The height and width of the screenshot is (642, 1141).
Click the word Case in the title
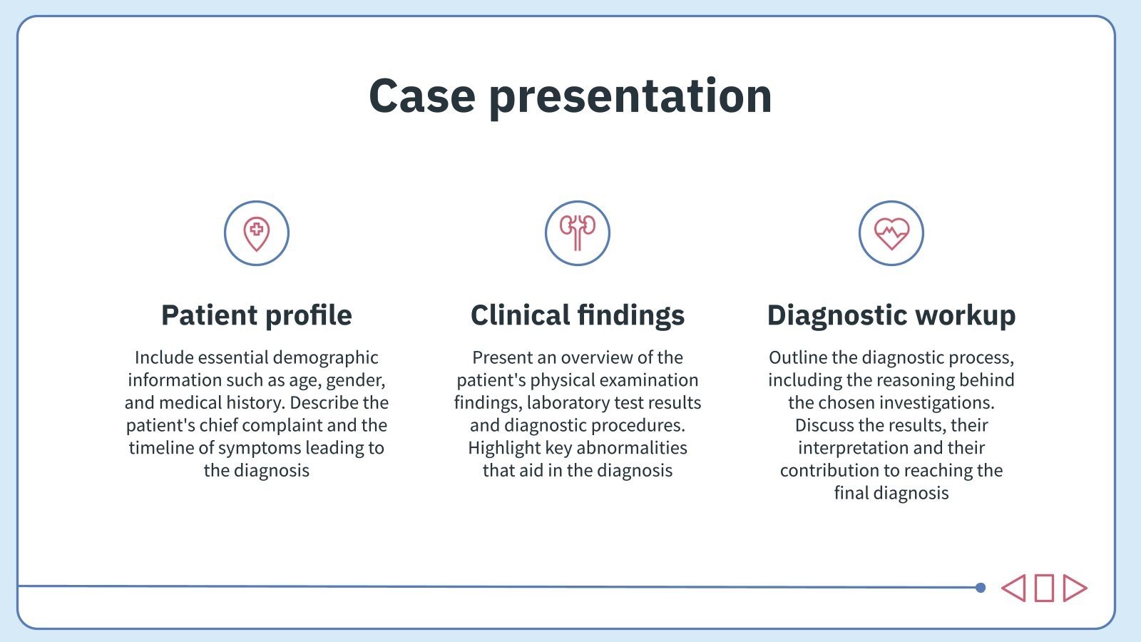[x=421, y=96]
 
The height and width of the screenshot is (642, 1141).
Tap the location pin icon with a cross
[x=257, y=233]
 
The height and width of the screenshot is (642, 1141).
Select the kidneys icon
[x=578, y=233]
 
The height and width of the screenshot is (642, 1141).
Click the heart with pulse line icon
[x=891, y=233]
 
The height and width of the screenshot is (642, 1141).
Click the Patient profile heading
[x=257, y=315]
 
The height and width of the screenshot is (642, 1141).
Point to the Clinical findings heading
[x=578, y=315]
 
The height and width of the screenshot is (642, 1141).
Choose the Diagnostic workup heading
[x=891, y=315]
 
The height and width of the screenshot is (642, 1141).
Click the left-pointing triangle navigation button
[x=1013, y=588]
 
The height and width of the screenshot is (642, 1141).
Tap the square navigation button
[x=1044, y=588]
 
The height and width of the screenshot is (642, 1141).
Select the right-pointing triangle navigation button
[x=1074, y=588]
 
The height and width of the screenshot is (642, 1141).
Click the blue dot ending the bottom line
[x=981, y=588]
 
